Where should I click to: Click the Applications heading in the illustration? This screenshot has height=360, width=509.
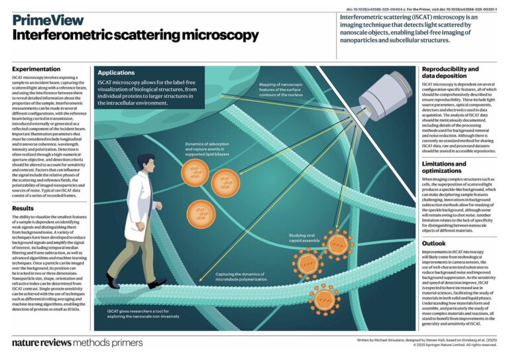pyautogui.click(x=119, y=72)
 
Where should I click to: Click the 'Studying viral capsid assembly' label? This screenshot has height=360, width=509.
pyautogui.click(x=306, y=236)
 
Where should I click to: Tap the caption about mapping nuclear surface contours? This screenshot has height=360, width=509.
pyautogui.click(x=285, y=90)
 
